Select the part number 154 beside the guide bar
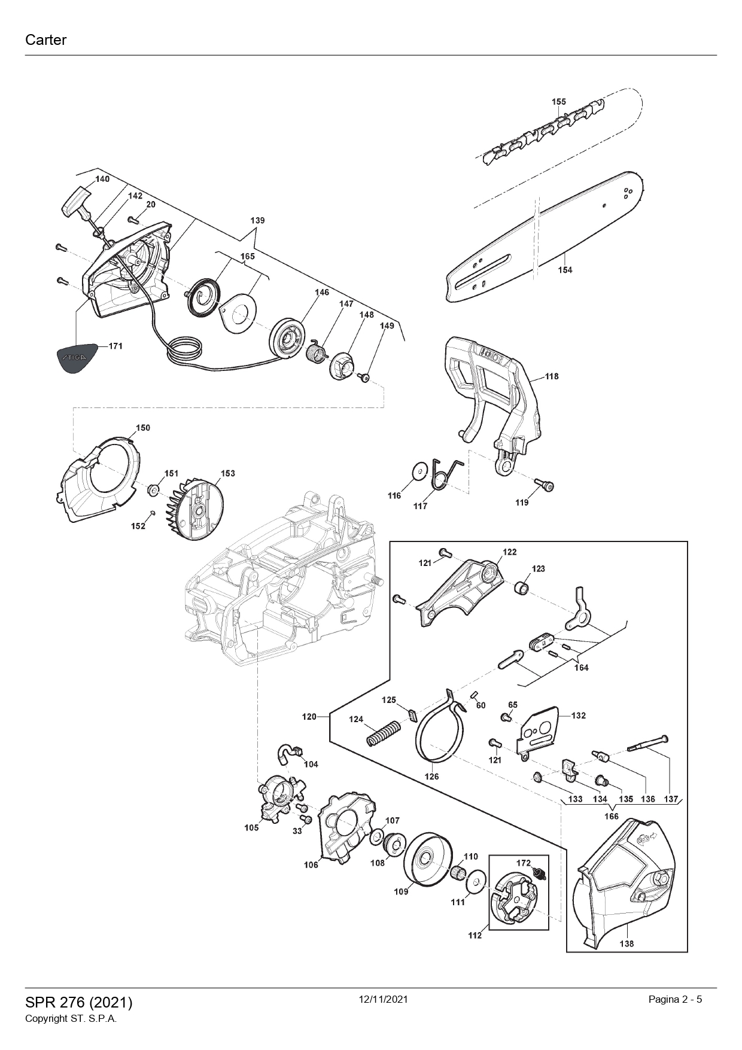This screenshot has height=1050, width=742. pyautogui.click(x=565, y=270)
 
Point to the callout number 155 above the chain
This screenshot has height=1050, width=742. pyautogui.click(x=558, y=102)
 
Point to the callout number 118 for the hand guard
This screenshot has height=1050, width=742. pyautogui.click(x=551, y=376)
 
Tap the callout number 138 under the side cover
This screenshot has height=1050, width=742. pyautogui.click(x=627, y=944)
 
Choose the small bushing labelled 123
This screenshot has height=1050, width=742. pyautogui.click(x=522, y=588)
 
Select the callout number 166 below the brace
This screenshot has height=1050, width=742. pyautogui.click(x=611, y=816)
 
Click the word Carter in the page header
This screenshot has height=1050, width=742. pyautogui.click(x=45, y=40)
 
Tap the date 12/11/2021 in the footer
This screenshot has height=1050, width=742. pyautogui.click(x=383, y=999)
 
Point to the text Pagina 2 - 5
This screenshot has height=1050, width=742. pyautogui.click(x=675, y=999)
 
